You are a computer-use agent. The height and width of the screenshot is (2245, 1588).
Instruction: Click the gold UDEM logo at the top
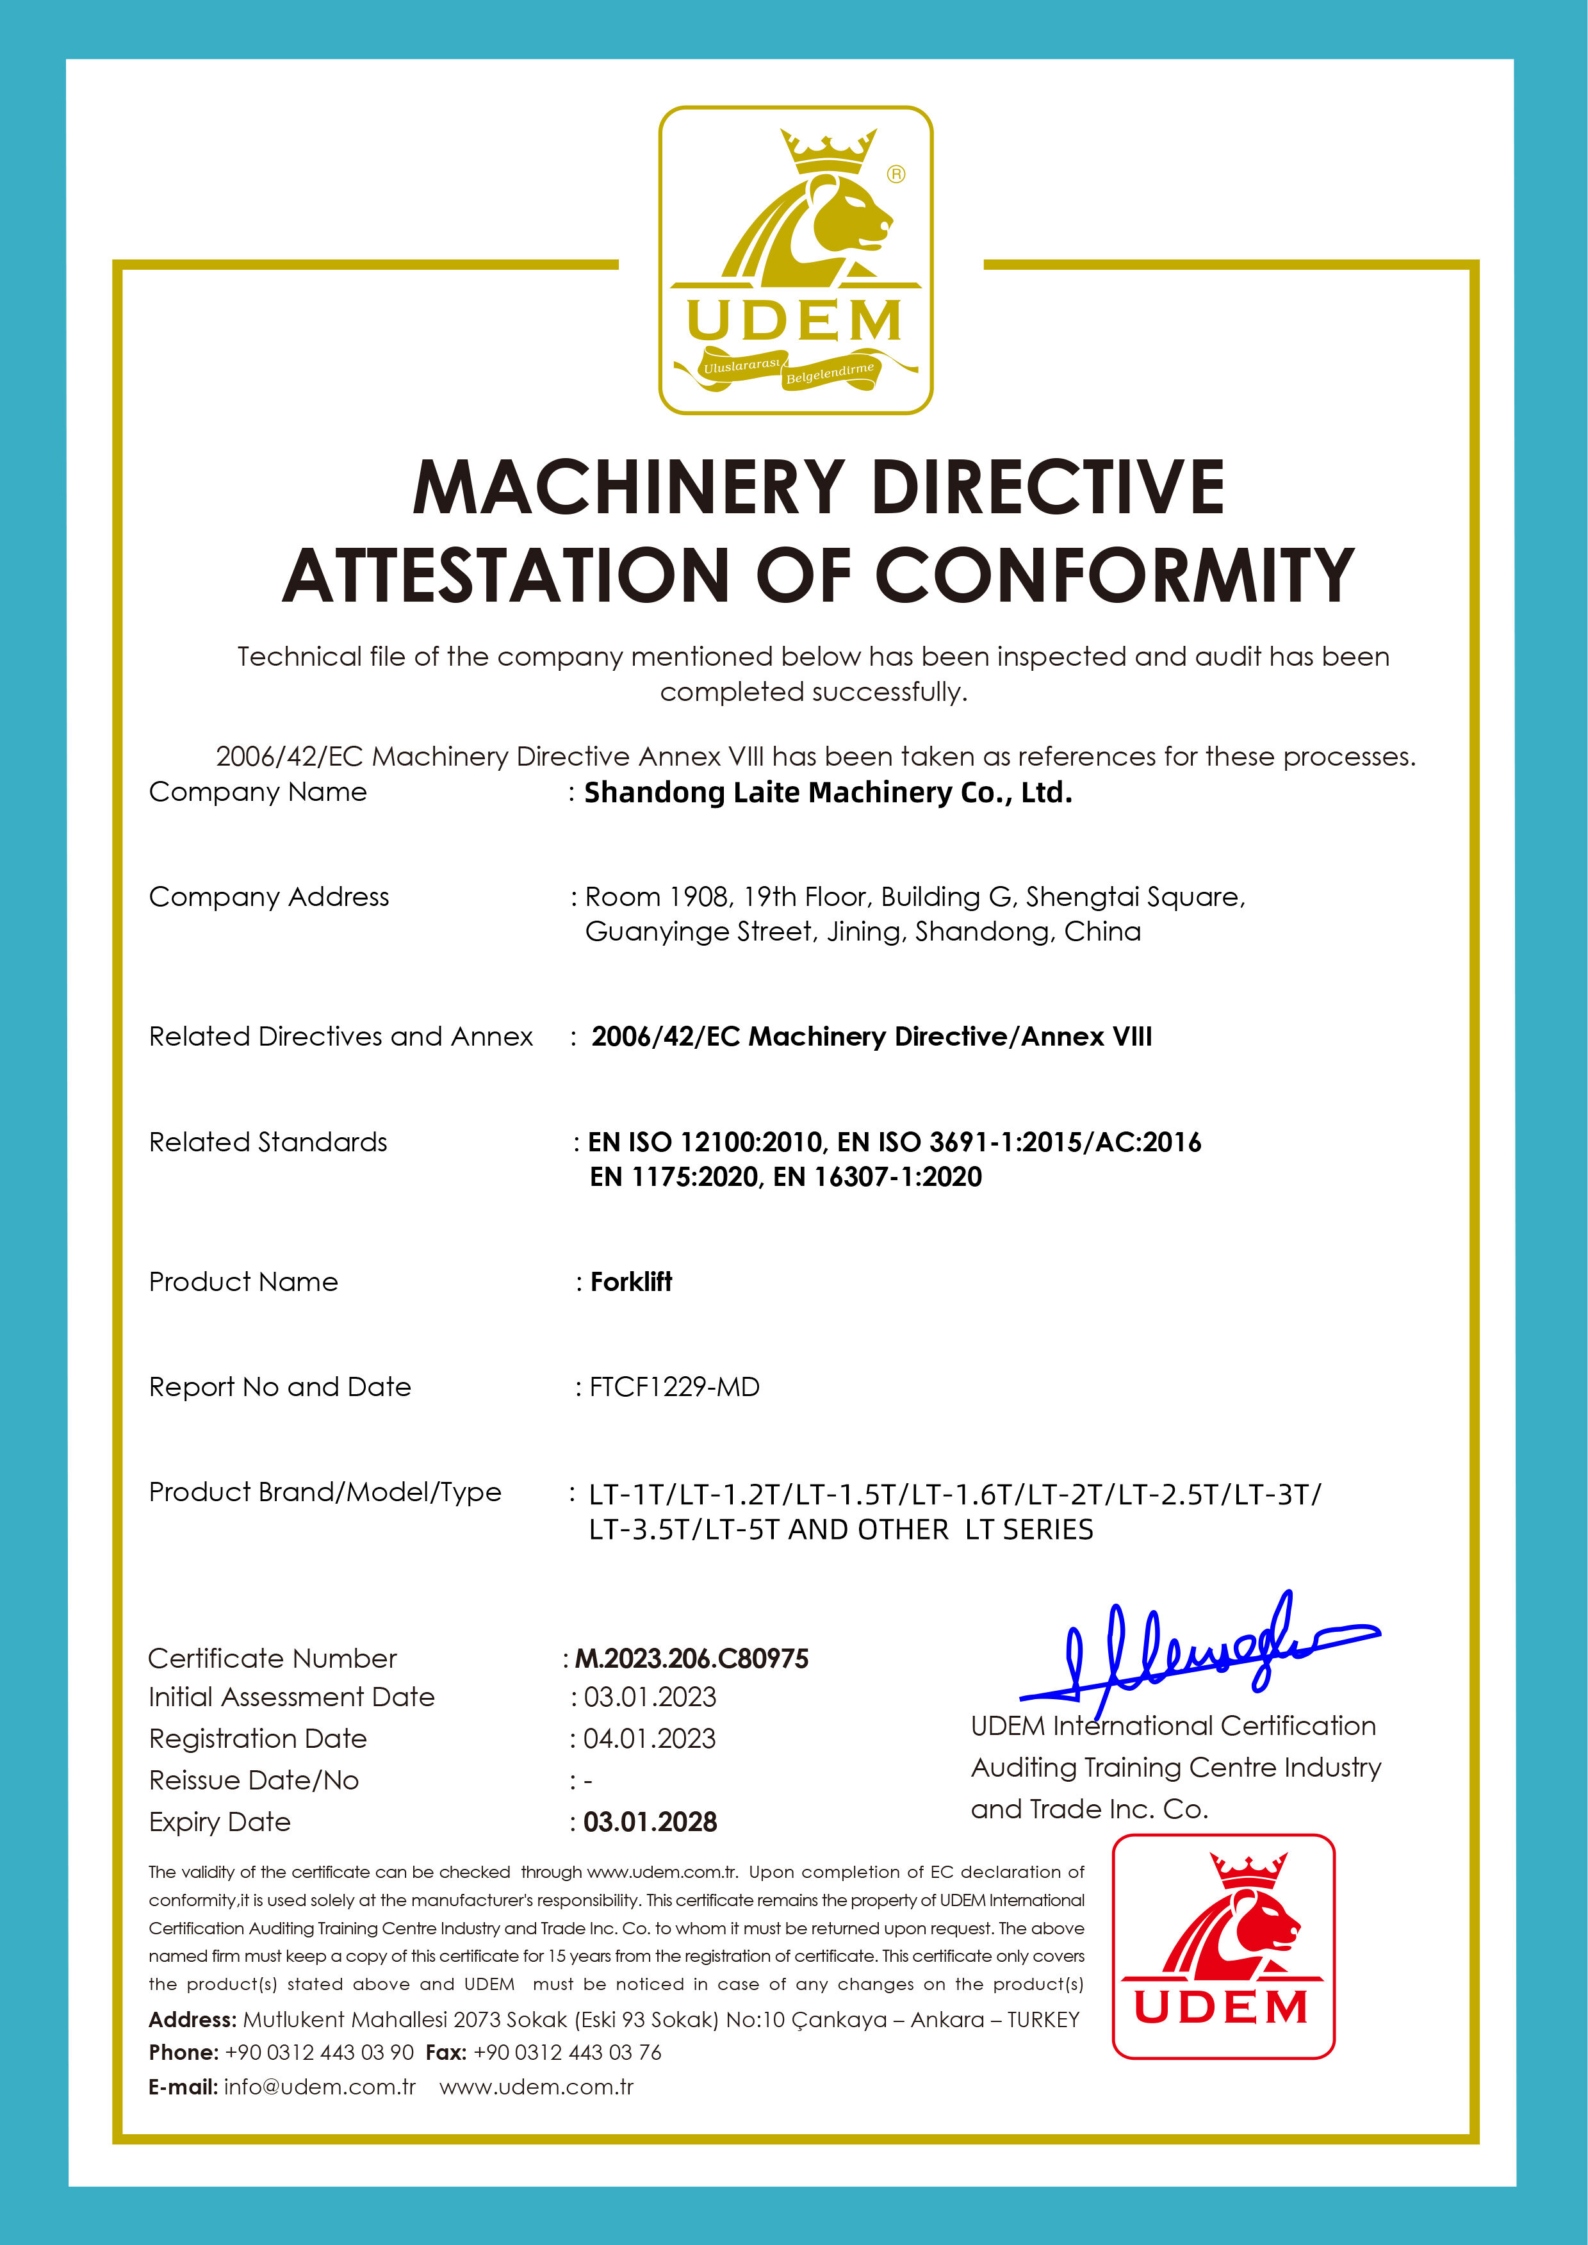(795, 260)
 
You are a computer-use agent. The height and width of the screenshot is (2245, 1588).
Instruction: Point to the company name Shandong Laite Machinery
(827, 793)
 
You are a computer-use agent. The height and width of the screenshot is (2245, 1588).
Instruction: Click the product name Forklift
(631, 1282)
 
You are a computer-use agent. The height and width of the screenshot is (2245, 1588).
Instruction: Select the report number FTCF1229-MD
(674, 1386)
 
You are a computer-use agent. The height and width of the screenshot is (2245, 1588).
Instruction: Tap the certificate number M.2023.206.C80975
(691, 1658)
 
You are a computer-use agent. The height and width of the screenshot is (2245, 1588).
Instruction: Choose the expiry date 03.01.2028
(650, 1821)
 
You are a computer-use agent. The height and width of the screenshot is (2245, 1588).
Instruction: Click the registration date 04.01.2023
(650, 1738)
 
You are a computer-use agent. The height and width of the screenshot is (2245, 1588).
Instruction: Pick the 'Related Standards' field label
(268, 1142)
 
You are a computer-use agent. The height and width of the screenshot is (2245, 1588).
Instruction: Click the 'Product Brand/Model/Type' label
(325, 1492)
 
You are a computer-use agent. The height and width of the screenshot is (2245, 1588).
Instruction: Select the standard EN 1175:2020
(674, 1176)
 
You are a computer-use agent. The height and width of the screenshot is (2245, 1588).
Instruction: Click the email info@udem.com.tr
(320, 2087)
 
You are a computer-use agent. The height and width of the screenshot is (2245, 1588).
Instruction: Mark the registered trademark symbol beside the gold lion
(896, 175)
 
